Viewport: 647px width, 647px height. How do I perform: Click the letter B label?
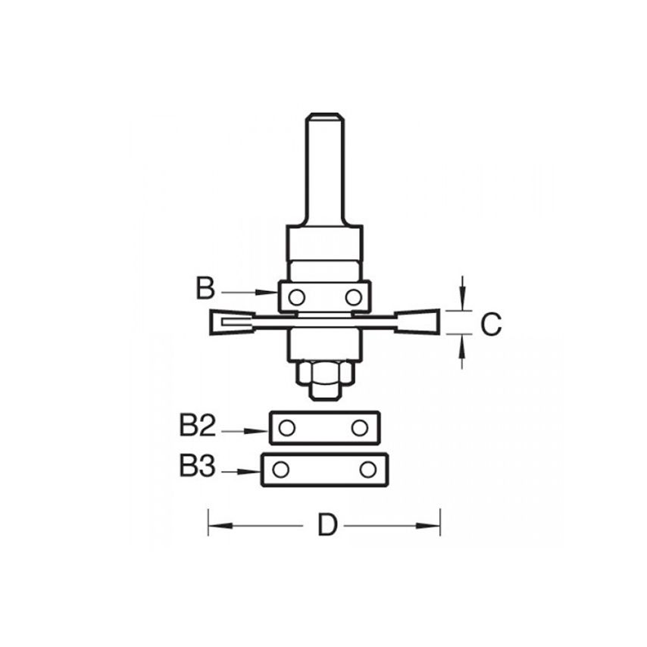tap(205, 289)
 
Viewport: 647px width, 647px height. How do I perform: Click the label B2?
tap(198, 427)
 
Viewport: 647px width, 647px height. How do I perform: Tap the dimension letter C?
tap(491, 324)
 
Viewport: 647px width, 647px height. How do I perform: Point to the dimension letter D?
tap(327, 524)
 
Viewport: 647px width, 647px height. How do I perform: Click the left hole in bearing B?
tap(297, 296)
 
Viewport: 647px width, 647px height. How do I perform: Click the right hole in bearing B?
tap(353, 296)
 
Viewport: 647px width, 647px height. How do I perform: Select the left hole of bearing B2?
tap(286, 428)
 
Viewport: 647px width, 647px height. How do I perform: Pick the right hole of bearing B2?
tap(361, 428)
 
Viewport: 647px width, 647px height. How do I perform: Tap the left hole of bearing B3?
tap(280, 470)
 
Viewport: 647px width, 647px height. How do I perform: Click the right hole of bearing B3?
tap(368, 470)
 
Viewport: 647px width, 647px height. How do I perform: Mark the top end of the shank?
tap(324, 117)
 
